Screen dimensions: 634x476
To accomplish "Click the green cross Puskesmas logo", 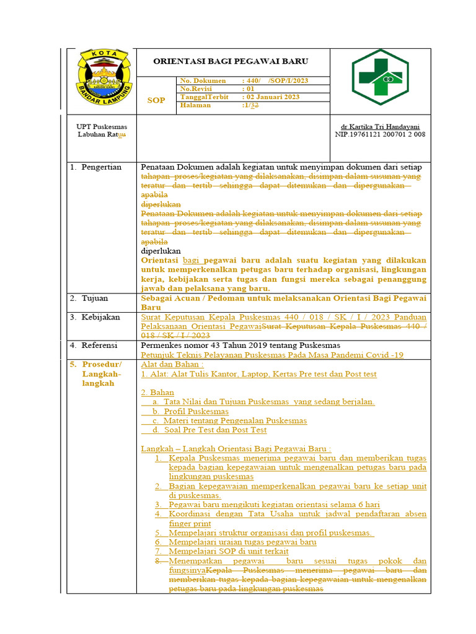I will pyautogui.click(x=380, y=77).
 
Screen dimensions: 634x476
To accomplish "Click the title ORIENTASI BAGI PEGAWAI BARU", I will pyautogui.click(x=231, y=61).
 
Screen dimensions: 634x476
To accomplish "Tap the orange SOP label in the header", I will pyautogui.click(x=156, y=100).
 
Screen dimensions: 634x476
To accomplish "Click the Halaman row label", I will pyautogui.click(x=196, y=105).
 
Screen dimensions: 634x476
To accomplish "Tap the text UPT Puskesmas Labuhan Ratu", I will pyautogui.click(x=102, y=130).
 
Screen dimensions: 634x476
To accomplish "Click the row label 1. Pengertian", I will pyautogui.click(x=95, y=167).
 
